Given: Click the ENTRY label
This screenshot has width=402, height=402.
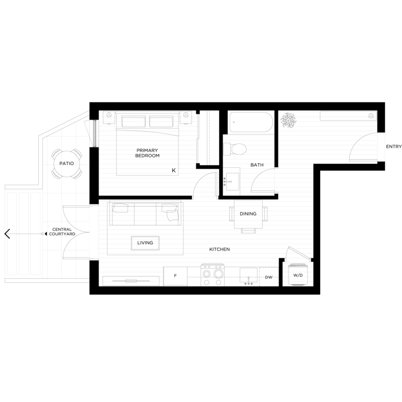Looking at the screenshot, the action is pyautogui.click(x=393, y=147).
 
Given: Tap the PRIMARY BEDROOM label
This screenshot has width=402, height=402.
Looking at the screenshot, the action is pyautogui.click(x=147, y=153).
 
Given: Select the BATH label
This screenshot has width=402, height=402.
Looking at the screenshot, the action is pyautogui.click(x=257, y=165).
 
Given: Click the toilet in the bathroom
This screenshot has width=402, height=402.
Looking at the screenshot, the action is pyautogui.click(x=235, y=149).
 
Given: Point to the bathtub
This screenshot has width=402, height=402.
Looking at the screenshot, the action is pyautogui.click(x=251, y=122).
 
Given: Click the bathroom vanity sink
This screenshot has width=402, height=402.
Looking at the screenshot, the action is pyautogui.click(x=232, y=182).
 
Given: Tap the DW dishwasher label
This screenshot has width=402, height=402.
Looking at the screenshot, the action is pyautogui.click(x=268, y=277).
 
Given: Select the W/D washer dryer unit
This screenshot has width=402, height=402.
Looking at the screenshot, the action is pyautogui.click(x=297, y=275).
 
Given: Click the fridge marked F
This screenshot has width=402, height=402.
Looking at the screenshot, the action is pyautogui.click(x=175, y=276).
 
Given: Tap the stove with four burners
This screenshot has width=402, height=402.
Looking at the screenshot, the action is pyautogui.click(x=213, y=275).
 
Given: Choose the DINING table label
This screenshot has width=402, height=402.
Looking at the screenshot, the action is pyautogui.click(x=248, y=214).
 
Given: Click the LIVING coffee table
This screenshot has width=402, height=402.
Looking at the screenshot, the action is pyautogui.click(x=145, y=243).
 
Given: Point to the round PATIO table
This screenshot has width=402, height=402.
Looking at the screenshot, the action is pyautogui.click(x=66, y=164).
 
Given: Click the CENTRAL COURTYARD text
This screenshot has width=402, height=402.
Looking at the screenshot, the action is pyautogui.click(x=62, y=232).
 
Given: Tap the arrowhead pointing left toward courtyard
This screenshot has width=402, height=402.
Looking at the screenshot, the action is pyautogui.click(x=7, y=234).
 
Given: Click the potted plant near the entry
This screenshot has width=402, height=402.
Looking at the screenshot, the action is pyautogui.click(x=287, y=120).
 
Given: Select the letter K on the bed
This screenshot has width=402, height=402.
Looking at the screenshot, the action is pyautogui.click(x=173, y=170).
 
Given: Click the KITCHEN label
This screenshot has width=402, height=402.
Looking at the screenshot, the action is pyautogui.click(x=220, y=249).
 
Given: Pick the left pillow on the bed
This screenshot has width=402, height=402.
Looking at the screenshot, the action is pyautogui.click(x=133, y=121).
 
